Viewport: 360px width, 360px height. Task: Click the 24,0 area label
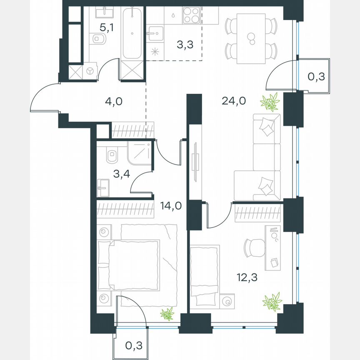tap(231, 100)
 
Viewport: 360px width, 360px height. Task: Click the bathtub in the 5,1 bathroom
tap(132, 33)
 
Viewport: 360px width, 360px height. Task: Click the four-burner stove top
tap(192, 18)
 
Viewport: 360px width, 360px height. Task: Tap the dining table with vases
tap(250, 39)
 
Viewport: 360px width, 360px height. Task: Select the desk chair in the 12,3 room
tap(254, 248)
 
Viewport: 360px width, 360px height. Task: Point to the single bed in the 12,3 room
tap(205, 271)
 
